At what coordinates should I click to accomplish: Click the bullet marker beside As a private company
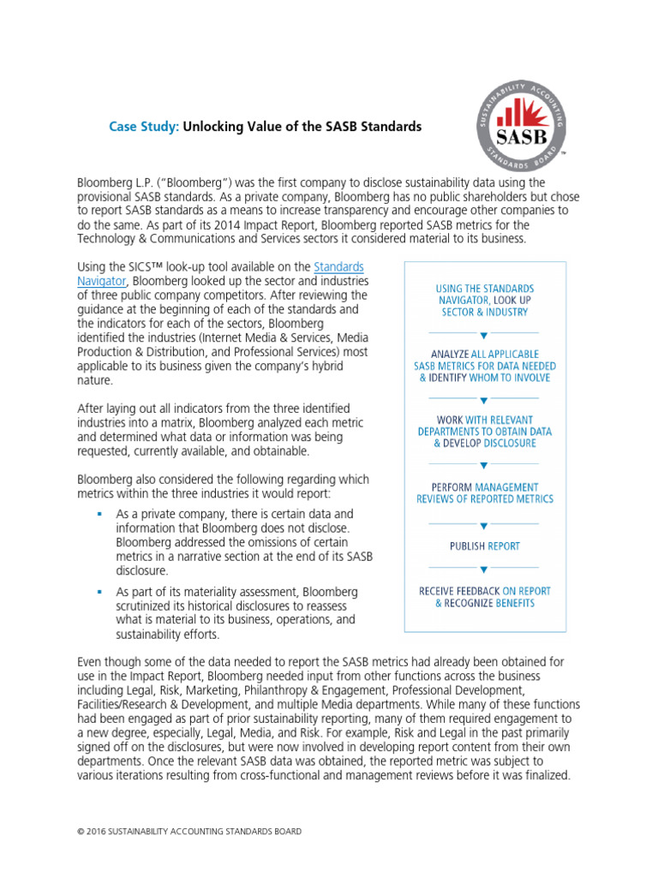tap(99, 514)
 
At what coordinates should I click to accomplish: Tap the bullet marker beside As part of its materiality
tap(99, 592)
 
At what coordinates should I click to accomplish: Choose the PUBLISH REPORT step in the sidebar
tap(484, 546)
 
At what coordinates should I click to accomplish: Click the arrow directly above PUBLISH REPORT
tap(484, 525)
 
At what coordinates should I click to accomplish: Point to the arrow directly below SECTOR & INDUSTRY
tap(484, 335)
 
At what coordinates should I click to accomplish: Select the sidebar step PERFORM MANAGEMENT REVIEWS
tap(484, 492)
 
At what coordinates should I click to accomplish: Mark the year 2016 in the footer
tap(100, 832)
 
